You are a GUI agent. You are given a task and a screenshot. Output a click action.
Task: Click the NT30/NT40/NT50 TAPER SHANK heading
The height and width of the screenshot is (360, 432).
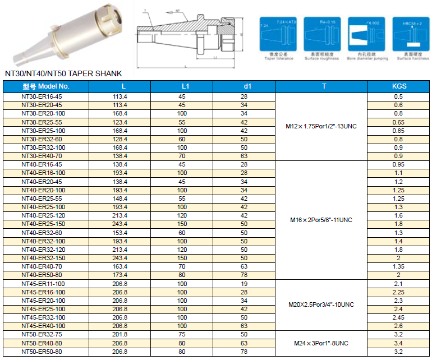coord(63,73)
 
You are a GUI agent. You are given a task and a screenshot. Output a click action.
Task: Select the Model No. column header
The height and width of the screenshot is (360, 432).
coord(46,86)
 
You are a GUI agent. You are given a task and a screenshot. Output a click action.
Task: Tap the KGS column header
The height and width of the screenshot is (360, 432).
coord(399,86)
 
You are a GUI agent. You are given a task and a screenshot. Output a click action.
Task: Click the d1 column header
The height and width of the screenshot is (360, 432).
coord(244,86)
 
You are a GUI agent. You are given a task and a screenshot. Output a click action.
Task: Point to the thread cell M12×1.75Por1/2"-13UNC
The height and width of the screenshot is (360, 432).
coord(321,126)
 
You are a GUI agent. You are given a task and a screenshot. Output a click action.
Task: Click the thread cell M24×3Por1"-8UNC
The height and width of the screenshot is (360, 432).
coord(321,343)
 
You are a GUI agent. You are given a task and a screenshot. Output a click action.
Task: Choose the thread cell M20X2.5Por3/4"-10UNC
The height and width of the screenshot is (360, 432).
coord(321,304)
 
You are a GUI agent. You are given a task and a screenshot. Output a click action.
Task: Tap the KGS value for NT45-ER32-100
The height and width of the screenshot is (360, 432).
coord(399,317)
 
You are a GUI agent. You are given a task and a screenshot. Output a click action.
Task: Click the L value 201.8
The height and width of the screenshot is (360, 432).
coord(120,335)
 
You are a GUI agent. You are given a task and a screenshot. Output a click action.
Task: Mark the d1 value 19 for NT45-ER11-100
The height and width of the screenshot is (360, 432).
coord(244,284)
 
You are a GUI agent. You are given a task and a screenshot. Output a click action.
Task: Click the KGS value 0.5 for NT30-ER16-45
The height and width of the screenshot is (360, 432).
coord(399,96)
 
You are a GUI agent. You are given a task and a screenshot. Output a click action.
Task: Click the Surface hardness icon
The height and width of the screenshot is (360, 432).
coord(412,35)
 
